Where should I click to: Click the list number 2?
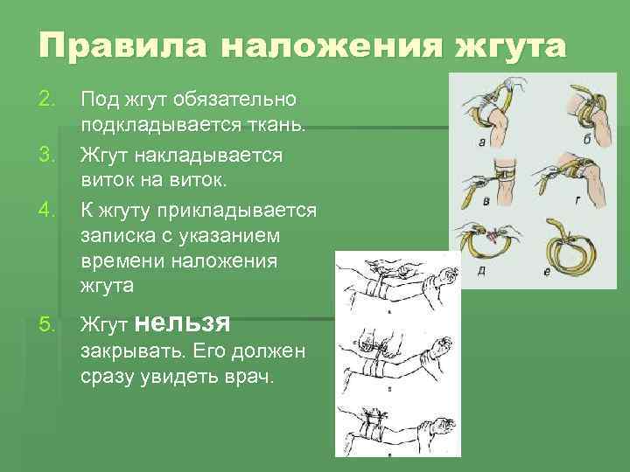coord(49,101)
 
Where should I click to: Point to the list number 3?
coord(49,156)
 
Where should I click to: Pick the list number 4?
coord(49,211)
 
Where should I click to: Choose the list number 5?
coord(49,326)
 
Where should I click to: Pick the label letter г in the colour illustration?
coord(578,198)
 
